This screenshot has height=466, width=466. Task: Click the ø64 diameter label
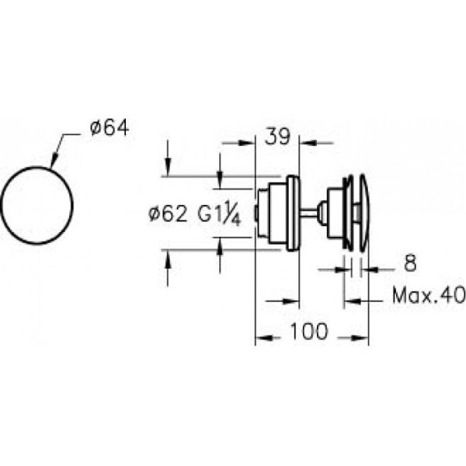click(x=110, y=128)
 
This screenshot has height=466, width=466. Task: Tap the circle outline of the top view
click(x=37, y=167)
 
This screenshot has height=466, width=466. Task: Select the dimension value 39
click(x=277, y=137)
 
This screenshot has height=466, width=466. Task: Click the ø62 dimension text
click(x=168, y=214)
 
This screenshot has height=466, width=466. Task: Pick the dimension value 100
click(x=309, y=331)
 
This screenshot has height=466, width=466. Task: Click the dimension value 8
click(x=410, y=263)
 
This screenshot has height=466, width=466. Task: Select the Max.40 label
click(x=429, y=295)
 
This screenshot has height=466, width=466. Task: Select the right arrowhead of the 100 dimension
click(x=360, y=338)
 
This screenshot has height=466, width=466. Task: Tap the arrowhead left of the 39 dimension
click(x=247, y=143)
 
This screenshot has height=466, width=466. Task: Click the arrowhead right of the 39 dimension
click(x=308, y=143)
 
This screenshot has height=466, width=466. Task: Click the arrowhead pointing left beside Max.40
click(x=352, y=301)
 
